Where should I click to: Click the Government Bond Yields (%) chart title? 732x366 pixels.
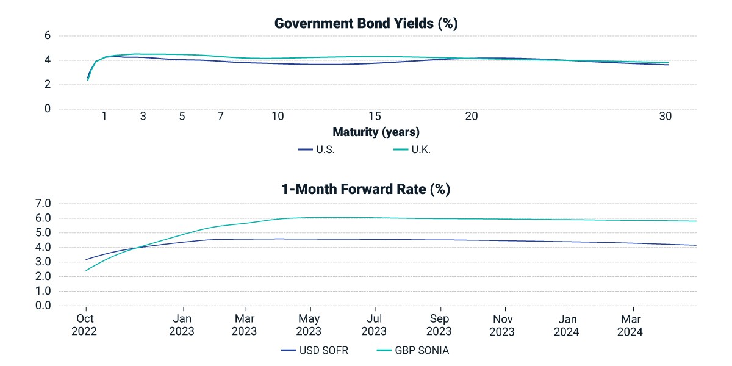(x=366, y=24)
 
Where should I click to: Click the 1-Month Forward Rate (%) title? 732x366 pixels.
(x=365, y=189)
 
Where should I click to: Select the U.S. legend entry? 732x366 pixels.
(x=317, y=149)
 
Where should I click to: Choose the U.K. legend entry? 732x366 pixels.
(x=412, y=149)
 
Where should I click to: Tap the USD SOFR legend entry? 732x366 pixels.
(x=315, y=350)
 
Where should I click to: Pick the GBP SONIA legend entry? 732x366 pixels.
(x=413, y=350)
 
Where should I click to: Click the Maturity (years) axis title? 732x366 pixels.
(x=376, y=132)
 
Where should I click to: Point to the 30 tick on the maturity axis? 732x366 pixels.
(x=666, y=116)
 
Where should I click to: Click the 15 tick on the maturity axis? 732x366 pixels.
(x=375, y=116)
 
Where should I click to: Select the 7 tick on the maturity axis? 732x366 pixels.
(x=221, y=116)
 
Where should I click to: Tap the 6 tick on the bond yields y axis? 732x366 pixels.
(x=48, y=35)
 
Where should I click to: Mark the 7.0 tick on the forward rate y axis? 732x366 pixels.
(x=43, y=203)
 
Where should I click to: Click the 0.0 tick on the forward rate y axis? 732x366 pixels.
(x=43, y=306)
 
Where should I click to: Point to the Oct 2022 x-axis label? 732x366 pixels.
(x=84, y=325)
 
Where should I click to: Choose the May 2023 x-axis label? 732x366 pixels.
(x=309, y=325)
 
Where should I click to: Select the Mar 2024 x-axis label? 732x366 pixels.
(x=630, y=325)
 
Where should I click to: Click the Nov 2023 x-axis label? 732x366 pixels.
(x=502, y=325)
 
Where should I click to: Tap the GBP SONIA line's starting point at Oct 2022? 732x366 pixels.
(x=86, y=270)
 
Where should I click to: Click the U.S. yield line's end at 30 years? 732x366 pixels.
(x=668, y=65)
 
